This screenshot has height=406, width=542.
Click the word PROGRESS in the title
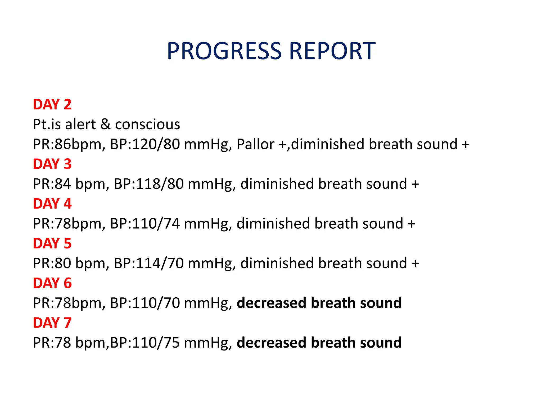point(224,51)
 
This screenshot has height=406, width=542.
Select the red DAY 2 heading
point(52,104)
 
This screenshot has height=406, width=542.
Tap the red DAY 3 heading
point(52,164)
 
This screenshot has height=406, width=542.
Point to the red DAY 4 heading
point(52,204)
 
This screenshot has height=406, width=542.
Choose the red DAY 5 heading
point(52,243)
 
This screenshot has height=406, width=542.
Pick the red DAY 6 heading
point(52,283)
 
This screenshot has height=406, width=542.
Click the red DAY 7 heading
point(52,323)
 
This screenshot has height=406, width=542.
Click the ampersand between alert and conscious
point(105,124)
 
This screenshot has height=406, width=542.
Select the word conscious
point(147,124)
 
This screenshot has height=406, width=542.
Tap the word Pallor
point(255,144)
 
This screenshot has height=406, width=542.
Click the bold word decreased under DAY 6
point(272,303)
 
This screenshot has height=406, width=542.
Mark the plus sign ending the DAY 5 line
point(415,264)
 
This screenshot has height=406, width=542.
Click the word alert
point(80,124)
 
